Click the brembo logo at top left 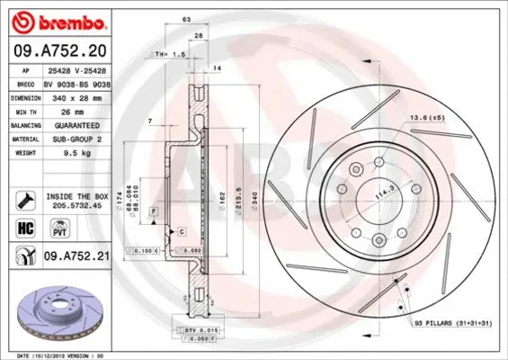click(55, 20)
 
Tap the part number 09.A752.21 click(76, 256)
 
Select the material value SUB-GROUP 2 click(74, 139)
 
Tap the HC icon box click(26, 228)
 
